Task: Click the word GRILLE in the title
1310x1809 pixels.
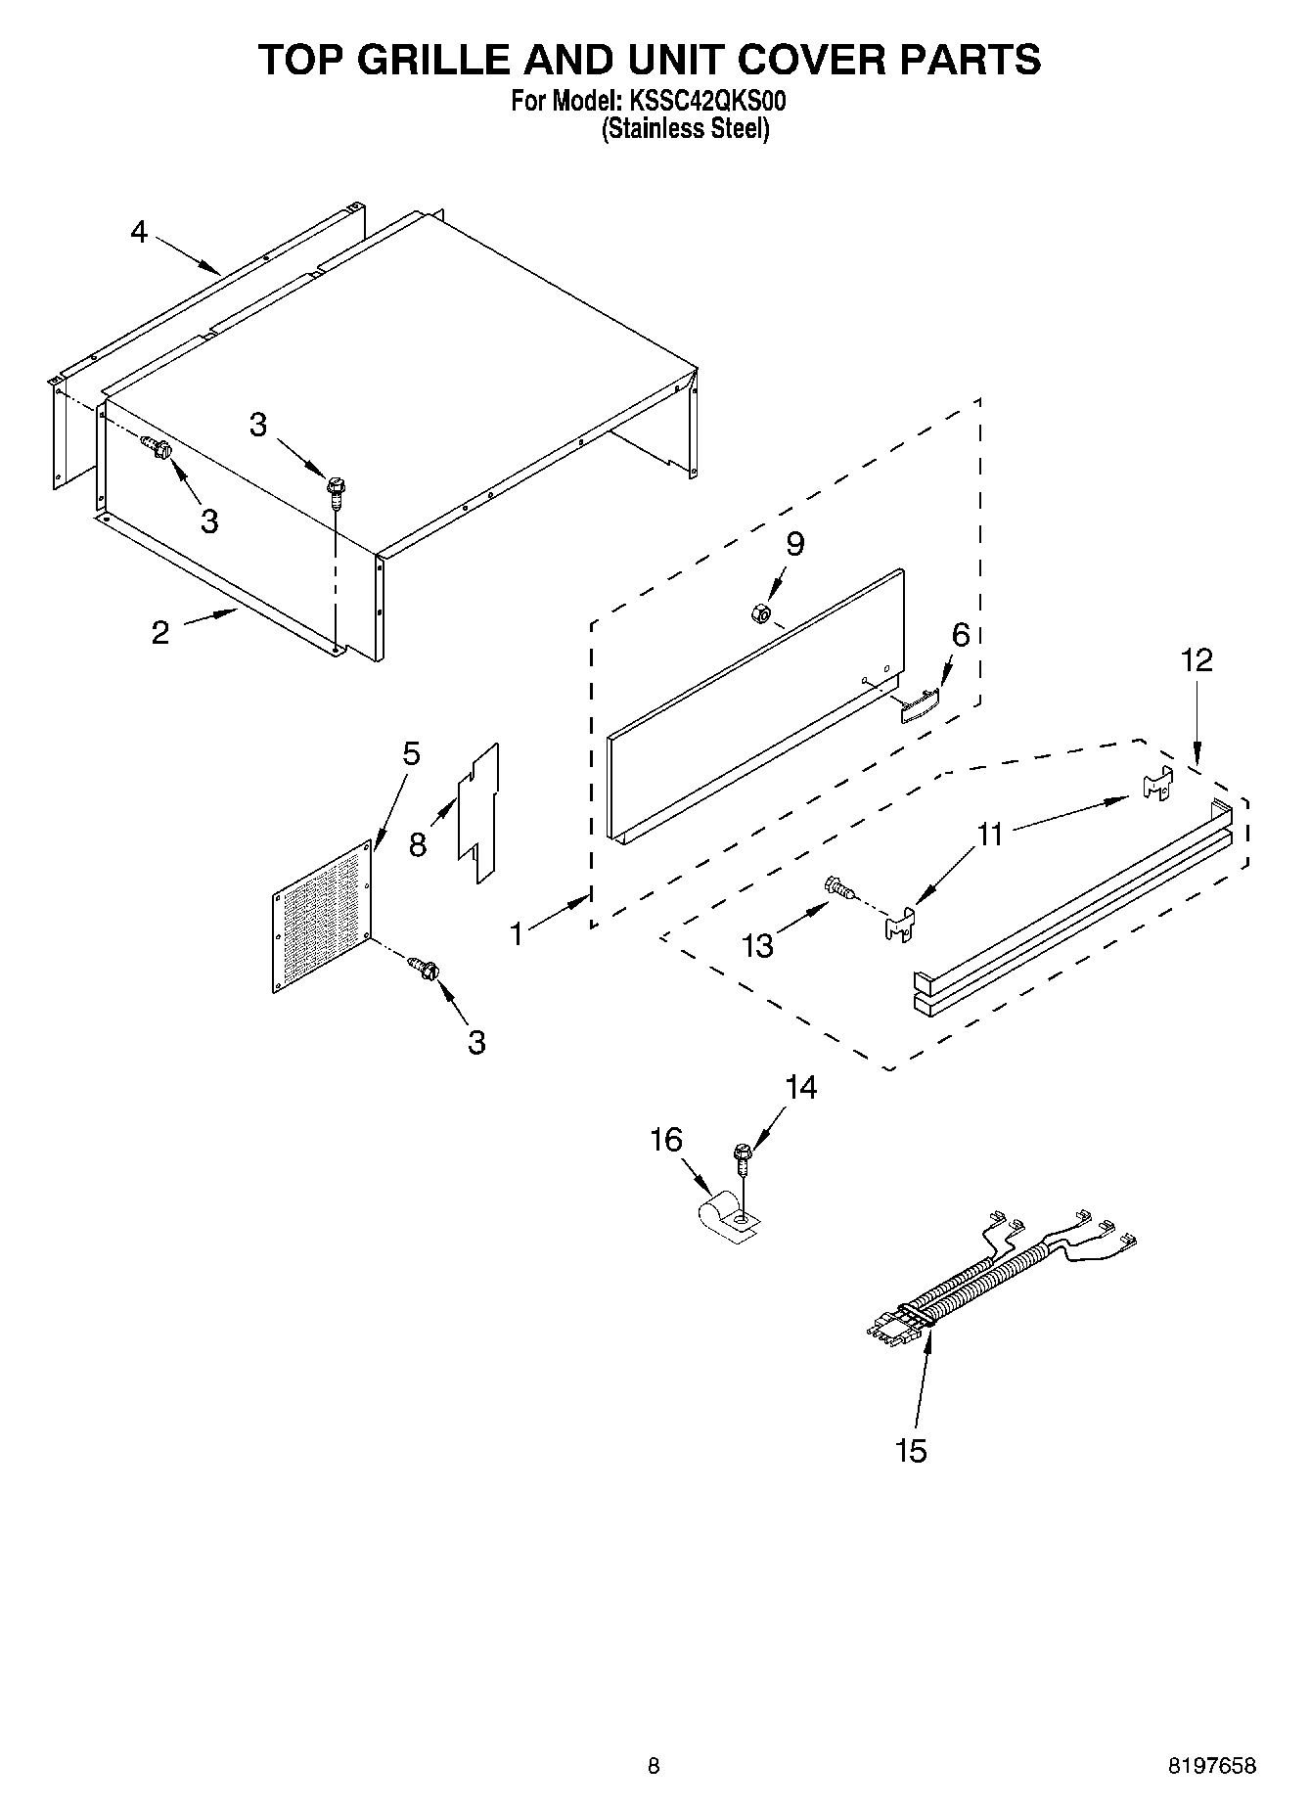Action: pyautogui.click(x=436, y=60)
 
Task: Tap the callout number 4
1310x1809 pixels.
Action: pyautogui.click(x=139, y=232)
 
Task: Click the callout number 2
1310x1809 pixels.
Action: pyautogui.click(x=160, y=633)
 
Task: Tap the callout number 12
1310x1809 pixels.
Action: pyautogui.click(x=1197, y=660)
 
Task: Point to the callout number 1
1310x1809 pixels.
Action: pyautogui.click(x=517, y=933)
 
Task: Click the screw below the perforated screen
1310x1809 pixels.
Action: pyautogui.click(x=426, y=969)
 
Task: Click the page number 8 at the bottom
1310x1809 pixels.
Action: pyautogui.click(x=654, y=1765)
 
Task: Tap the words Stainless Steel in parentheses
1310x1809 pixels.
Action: pyautogui.click(x=684, y=128)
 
